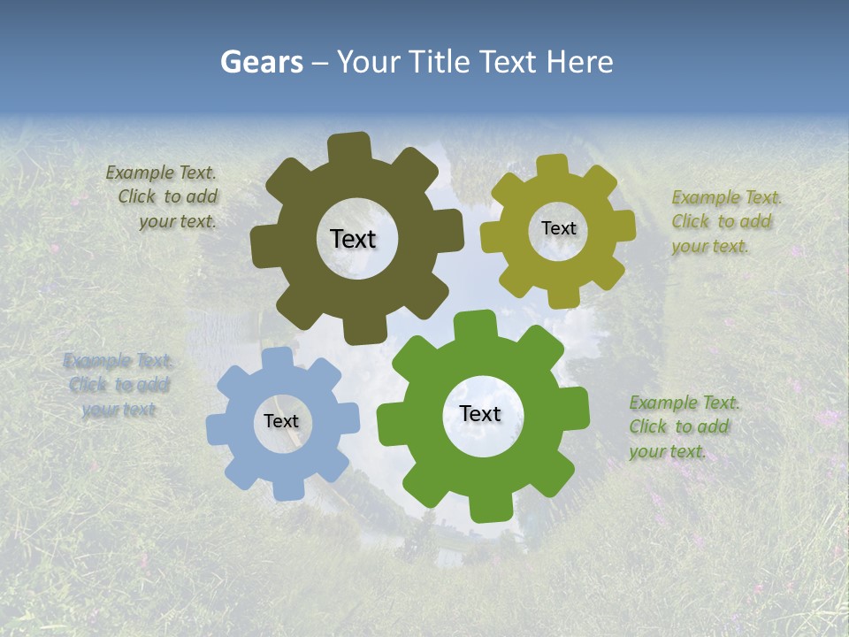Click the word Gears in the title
click(x=261, y=62)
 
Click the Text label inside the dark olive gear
click(x=353, y=239)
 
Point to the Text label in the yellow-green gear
click(x=558, y=228)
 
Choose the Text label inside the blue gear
click(x=281, y=421)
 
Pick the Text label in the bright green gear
click(x=480, y=414)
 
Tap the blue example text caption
click(x=118, y=385)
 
